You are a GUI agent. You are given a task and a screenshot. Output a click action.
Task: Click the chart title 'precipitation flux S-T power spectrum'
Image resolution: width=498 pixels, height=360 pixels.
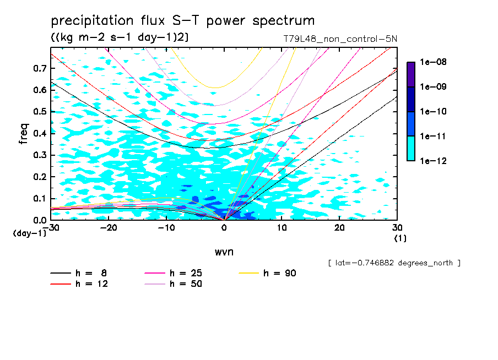(x=183, y=21)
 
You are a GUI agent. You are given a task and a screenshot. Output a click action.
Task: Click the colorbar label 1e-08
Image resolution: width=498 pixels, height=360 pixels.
(x=434, y=62)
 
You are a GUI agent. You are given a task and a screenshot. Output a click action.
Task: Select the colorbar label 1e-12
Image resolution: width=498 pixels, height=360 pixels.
(x=434, y=161)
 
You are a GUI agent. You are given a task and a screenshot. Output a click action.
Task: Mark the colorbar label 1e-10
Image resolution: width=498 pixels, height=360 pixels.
(x=434, y=112)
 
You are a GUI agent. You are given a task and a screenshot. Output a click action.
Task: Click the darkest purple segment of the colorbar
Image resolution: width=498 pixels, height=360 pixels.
(x=411, y=74)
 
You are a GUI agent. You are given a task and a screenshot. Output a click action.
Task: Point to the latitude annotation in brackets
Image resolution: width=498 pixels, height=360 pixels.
(x=394, y=263)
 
